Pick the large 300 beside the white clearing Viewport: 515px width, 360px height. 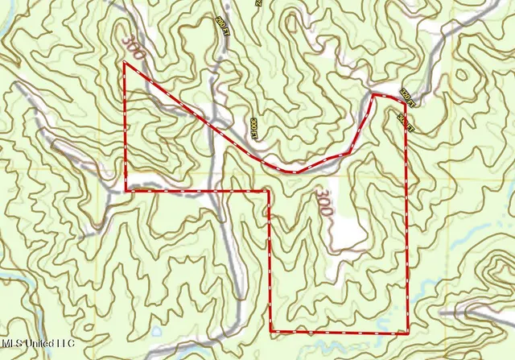tap(323, 201)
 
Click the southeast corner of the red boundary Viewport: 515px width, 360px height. tap(408, 331)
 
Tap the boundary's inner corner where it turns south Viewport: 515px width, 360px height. tap(268, 191)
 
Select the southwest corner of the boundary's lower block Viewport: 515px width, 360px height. tap(270, 331)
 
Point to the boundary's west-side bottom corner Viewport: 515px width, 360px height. tap(126, 191)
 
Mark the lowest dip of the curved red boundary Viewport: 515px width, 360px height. tap(294, 172)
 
